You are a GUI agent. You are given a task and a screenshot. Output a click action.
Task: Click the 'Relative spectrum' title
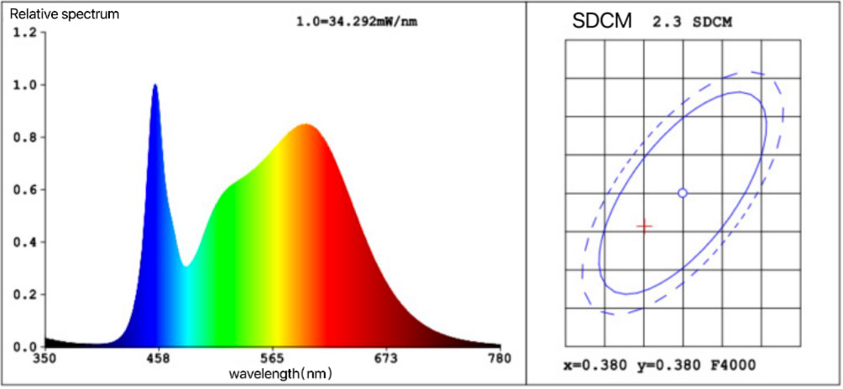point(52,14)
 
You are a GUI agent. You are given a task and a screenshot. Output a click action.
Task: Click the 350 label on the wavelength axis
point(44,359)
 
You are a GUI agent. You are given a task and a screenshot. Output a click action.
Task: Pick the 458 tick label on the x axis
point(158,359)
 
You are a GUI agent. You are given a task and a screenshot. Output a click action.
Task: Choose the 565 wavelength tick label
point(271,359)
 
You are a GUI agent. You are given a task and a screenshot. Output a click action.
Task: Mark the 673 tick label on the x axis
point(385,359)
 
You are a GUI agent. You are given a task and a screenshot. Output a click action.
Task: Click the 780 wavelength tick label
point(499,359)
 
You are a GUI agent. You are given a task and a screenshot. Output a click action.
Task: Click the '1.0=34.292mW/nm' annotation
point(356,22)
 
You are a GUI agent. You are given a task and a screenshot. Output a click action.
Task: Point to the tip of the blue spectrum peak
point(154,86)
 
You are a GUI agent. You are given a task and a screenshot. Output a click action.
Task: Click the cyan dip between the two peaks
point(186,266)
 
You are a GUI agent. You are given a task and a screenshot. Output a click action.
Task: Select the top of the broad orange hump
point(306,125)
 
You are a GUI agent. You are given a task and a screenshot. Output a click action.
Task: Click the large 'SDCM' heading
point(602,22)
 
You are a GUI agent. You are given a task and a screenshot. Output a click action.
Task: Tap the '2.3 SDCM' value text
point(691,23)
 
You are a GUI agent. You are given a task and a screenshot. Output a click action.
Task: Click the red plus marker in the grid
point(644,226)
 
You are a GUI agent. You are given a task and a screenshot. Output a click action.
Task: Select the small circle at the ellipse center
point(683,193)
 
